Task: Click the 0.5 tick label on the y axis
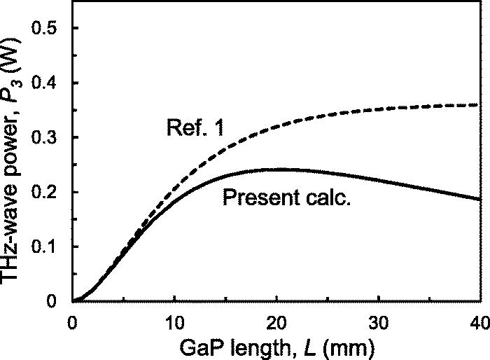click(48, 28)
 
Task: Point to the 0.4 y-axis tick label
click(48, 83)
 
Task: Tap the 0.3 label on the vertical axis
click(48, 137)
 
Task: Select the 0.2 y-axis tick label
click(48, 192)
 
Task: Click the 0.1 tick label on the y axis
click(48, 247)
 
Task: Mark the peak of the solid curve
click(280, 168)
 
